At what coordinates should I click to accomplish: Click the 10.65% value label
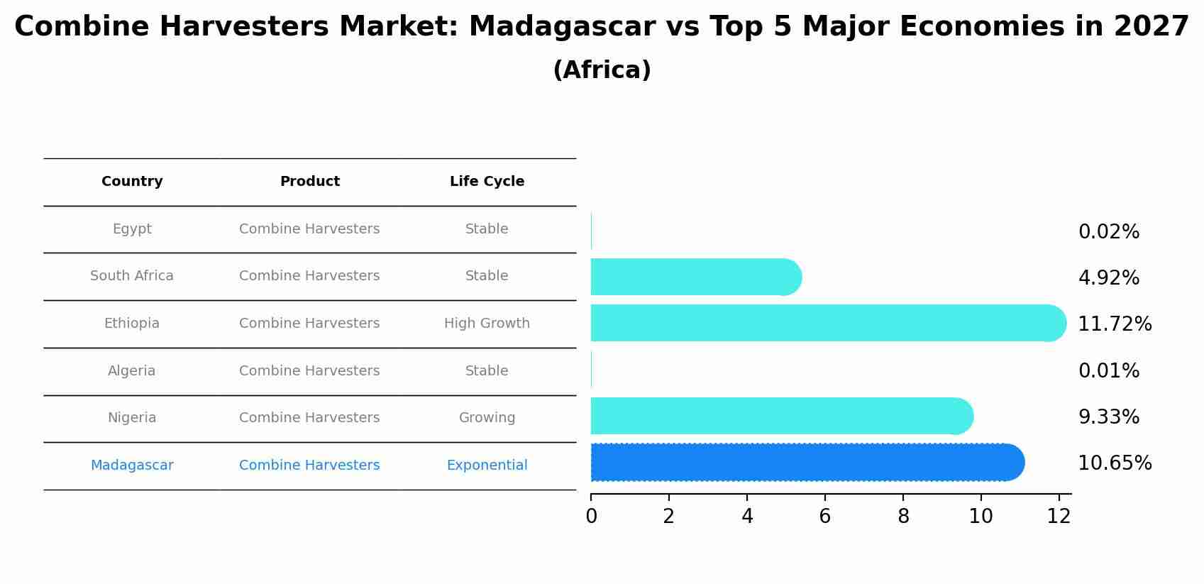coord(1114,463)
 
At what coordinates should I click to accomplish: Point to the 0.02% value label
coord(1108,232)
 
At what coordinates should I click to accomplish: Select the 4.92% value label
coord(1108,278)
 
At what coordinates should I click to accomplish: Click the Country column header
coord(132,182)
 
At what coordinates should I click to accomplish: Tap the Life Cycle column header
coord(487,182)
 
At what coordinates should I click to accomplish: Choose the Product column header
coord(309,182)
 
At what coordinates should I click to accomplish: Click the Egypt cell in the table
coord(132,229)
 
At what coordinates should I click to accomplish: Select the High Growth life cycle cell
coord(487,324)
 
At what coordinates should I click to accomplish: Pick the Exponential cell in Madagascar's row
coord(487,465)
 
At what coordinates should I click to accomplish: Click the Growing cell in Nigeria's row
coord(487,418)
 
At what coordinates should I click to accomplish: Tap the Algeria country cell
coord(132,371)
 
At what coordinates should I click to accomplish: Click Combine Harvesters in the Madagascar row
coord(309,465)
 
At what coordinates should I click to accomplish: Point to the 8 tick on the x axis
coord(903,517)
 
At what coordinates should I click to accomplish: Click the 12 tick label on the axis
coord(1059,517)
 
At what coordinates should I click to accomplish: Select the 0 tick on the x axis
coord(591,517)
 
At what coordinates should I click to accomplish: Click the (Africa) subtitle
coord(602,70)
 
